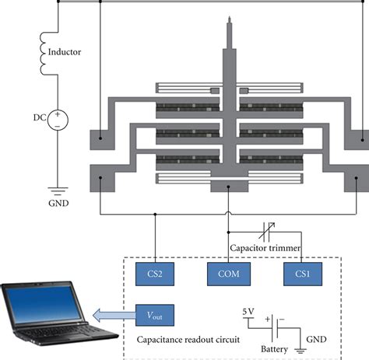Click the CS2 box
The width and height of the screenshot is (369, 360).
pos(155,274)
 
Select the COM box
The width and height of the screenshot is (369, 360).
pos(229,274)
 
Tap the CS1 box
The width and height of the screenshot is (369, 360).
pos(303,274)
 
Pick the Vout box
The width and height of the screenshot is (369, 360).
pos(155,315)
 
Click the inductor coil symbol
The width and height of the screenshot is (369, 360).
pos(43,54)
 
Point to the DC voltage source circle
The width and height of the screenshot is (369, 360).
pos(58,120)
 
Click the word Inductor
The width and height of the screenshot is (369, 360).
pos(65,52)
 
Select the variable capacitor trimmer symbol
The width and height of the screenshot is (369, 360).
pos(267,232)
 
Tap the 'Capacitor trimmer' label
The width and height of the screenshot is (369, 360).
pos(265,248)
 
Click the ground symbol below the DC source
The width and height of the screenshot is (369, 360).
pos(58,191)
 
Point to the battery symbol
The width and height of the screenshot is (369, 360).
pos(275,328)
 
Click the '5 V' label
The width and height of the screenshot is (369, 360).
pos(248,312)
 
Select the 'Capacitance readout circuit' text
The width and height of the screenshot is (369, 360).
pos(188,340)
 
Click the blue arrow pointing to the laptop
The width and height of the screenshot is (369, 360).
pos(114,315)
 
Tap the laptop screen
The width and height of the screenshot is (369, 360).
pos(44,303)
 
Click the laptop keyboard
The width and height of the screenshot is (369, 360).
pos(64,330)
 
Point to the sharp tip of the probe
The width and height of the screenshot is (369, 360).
pos(229,16)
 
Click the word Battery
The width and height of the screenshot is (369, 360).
pos(274,349)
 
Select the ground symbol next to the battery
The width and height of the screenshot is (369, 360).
pos(300,351)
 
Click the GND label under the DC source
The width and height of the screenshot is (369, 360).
pos(58,203)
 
